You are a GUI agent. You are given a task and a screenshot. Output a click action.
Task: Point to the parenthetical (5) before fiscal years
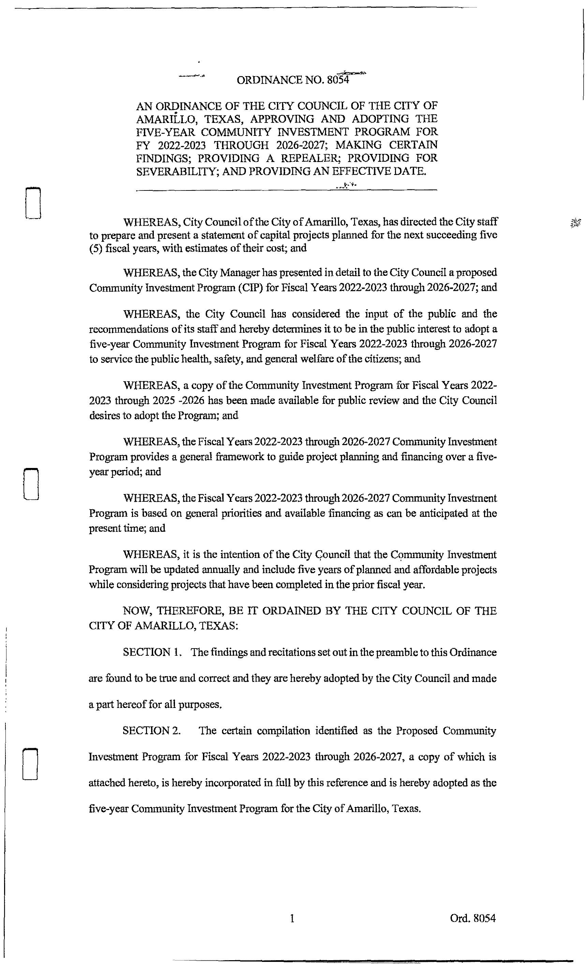click(x=96, y=248)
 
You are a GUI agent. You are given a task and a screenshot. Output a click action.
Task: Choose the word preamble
click(x=408, y=652)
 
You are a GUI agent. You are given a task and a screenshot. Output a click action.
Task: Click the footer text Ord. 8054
click(x=473, y=918)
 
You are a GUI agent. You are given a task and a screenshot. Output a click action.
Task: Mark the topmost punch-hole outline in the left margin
click(x=33, y=203)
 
